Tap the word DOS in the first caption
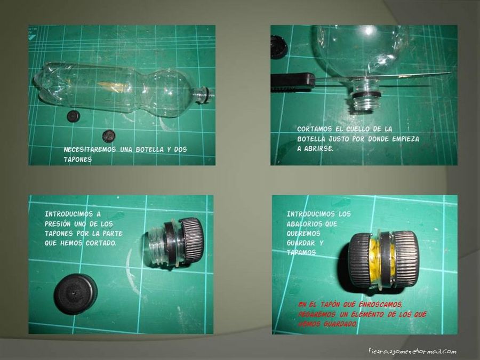coord(180,150)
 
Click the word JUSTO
coord(346,139)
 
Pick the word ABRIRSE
coord(318,149)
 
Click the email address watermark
coord(412,351)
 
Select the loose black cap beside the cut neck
coord(75,293)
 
